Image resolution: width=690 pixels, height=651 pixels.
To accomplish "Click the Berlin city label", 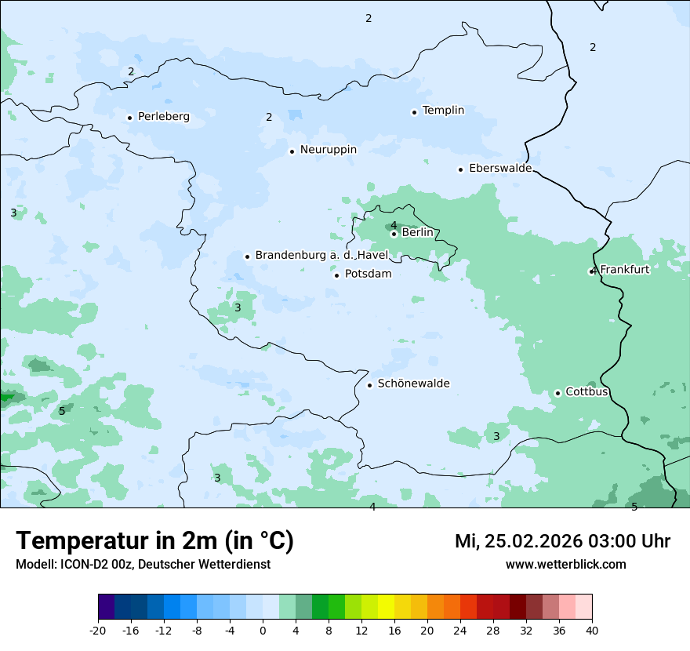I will pos(417,233).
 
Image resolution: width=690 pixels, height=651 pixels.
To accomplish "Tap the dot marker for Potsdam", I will pos(337,275).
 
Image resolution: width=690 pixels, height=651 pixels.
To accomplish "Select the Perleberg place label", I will pos(163,117).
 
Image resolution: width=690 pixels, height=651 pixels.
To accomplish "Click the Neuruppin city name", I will pos(328,150).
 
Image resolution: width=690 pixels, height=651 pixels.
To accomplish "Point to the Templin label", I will pos(443,111).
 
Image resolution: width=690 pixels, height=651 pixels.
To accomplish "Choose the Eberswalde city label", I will pos(500,169).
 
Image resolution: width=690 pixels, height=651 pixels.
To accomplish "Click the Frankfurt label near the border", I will pos(624,270).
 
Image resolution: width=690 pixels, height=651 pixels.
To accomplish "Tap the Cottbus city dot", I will pos(557,393).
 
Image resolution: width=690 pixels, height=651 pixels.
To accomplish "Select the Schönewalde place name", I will pos(413,384).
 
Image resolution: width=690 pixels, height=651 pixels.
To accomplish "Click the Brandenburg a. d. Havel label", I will pos(321,256).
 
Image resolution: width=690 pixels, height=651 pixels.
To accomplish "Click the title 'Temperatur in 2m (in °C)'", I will pos(154,541).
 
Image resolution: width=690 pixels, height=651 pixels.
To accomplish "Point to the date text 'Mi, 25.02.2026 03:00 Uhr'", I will pos(562,541).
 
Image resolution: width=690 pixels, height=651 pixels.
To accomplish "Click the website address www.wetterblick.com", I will pos(565,565).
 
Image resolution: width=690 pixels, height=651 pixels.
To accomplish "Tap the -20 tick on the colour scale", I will pos(98,631).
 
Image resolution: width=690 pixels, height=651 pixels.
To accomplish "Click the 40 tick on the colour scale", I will pos(591,631).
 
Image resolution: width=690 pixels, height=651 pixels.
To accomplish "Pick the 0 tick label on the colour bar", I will pos(263,631).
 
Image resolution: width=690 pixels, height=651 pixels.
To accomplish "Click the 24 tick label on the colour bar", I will pos(460,631).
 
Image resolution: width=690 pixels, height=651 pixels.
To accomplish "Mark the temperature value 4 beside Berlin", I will pos(394,226).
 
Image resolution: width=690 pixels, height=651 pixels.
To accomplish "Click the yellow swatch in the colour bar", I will pos(386,607).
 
